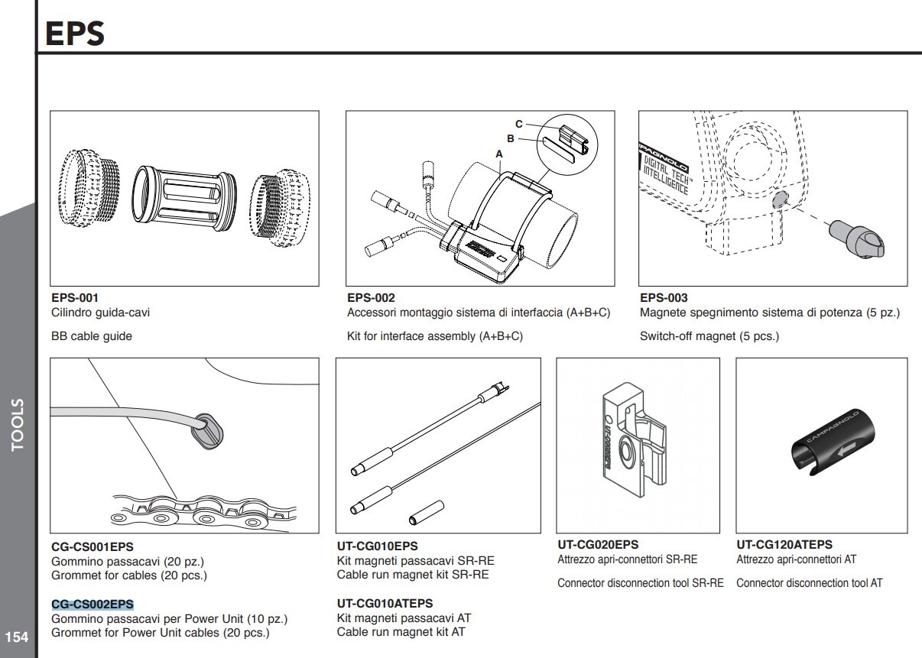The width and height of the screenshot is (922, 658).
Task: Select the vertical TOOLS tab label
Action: point(18,425)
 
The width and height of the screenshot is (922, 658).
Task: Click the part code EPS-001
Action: point(75,297)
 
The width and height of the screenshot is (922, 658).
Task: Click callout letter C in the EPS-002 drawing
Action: point(518,124)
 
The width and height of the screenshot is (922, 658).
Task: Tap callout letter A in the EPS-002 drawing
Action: point(500,154)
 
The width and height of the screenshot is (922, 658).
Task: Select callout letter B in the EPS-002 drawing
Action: point(511,139)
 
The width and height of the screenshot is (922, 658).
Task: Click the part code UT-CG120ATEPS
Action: point(784,545)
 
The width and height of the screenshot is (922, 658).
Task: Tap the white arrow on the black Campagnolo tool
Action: point(844,449)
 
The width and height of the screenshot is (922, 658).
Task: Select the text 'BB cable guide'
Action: point(91,336)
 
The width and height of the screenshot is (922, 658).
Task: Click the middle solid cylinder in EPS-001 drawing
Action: point(183,197)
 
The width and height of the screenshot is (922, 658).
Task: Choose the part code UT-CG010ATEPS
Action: point(385,604)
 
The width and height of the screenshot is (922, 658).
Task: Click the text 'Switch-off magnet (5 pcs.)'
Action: point(709,336)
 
